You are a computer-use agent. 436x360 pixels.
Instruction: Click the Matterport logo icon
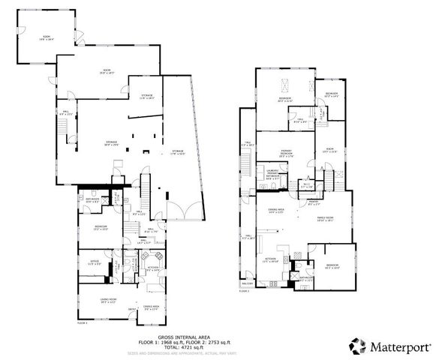coord(356,346)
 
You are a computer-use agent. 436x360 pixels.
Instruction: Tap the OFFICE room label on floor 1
coord(95,263)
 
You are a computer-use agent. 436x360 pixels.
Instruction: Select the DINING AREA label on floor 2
coord(276,211)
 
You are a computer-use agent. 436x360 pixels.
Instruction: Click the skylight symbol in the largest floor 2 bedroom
coord(285,84)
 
